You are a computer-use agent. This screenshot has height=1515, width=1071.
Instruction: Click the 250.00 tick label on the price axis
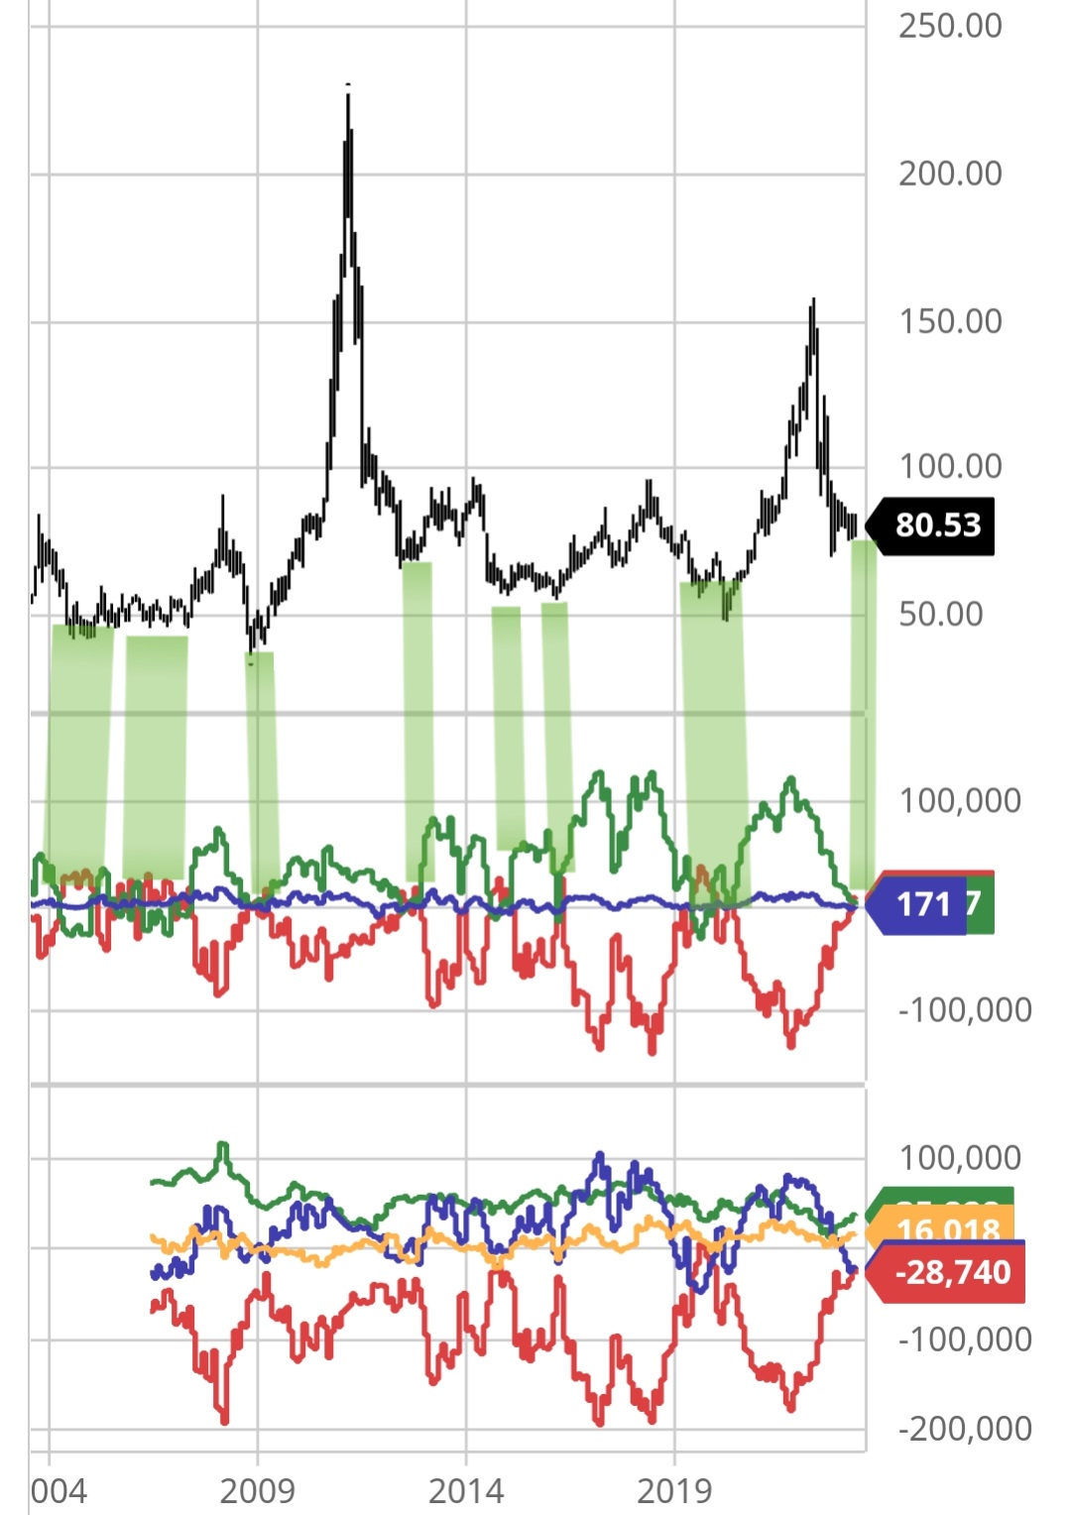(950, 26)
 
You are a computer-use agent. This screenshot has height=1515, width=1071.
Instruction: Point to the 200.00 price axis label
(950, 174)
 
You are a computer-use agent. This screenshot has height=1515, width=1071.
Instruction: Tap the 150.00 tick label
(950, 321)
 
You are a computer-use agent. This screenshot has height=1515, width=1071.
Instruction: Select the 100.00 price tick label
(950, 466)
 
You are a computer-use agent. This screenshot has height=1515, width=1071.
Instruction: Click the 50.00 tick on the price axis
(940, 614)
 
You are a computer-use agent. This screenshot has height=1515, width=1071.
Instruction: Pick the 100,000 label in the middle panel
(959, 800)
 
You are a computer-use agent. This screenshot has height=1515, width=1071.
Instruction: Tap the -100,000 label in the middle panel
(965, 1010)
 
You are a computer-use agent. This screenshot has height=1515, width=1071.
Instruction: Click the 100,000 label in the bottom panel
(959, 1157)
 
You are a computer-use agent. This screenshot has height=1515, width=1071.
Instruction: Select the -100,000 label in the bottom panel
(965, 1340)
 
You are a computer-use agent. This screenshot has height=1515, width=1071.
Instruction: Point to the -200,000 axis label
(965, 1429)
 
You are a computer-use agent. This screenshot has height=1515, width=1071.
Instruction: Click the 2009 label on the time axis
(257, 1490)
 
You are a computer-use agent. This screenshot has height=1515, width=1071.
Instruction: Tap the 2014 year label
(466, 1490)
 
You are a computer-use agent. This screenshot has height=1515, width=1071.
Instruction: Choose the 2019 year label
(674, 1490)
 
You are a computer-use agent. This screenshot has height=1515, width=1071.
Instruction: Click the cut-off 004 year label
(59, 1490)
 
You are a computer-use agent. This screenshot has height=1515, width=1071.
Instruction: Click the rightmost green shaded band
(864, 714)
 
